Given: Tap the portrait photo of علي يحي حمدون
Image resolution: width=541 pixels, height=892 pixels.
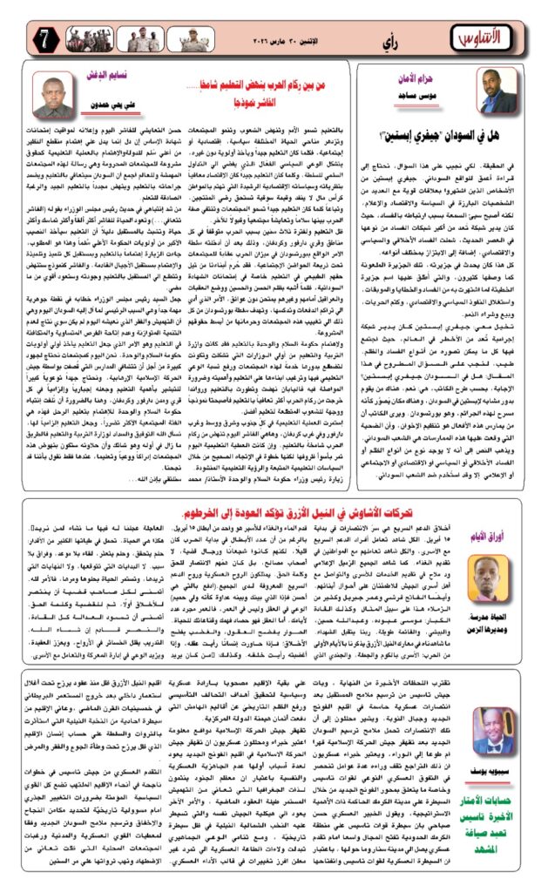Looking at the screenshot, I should [x=54, y=96].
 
